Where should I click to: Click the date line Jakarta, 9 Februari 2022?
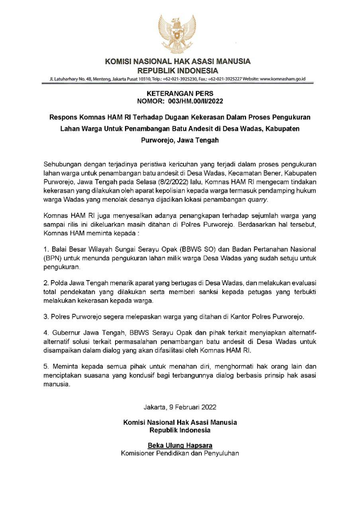(180, 407)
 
